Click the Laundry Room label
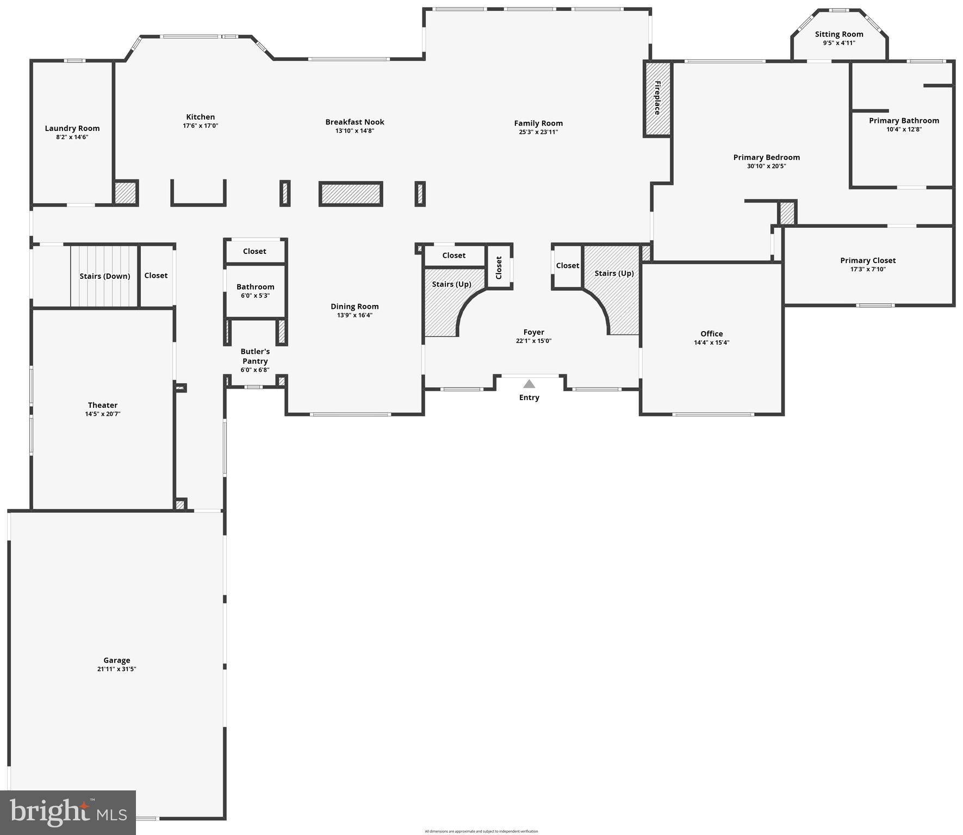pyautogui.click(x=72, y=128)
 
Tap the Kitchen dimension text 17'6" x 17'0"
pyautogui.click(x=201, y=126)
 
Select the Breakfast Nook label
pyautogui.click(x=355, y=122)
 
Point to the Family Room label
pyautogui.click(x=538, y=123)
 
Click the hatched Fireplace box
pyautogui.click(x=657, y=98)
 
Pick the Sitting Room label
pyautogui.click(x=839, y=34)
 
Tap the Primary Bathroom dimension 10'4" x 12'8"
pyautogui.click(x=904, y=129)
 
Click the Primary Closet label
pyautogui.click(x=868, y=260)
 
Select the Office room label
pyautogui.click(x=711, y=334)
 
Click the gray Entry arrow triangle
pyautogui.click(x=529, y=384)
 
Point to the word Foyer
pyautogui.click(x=533, y=332)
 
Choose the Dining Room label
pyautogui.click(x=355, y=307)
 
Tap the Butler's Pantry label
pyautogui.click(x=255, y=356)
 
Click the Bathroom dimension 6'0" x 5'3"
pyautogui.click(x=255, y=296)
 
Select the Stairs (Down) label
pyautogui.click(x=104, y=276)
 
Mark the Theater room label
pyautogui.click(x=103, y=405)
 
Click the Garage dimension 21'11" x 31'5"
pyautogui.click(x=117, y=669)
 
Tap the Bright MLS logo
pyautogui.click(x=68, y=812)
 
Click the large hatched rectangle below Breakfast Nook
pyautogui.click(x=351, y=194)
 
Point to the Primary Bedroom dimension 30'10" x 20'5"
pyautogui.click(x=766, y=166)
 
